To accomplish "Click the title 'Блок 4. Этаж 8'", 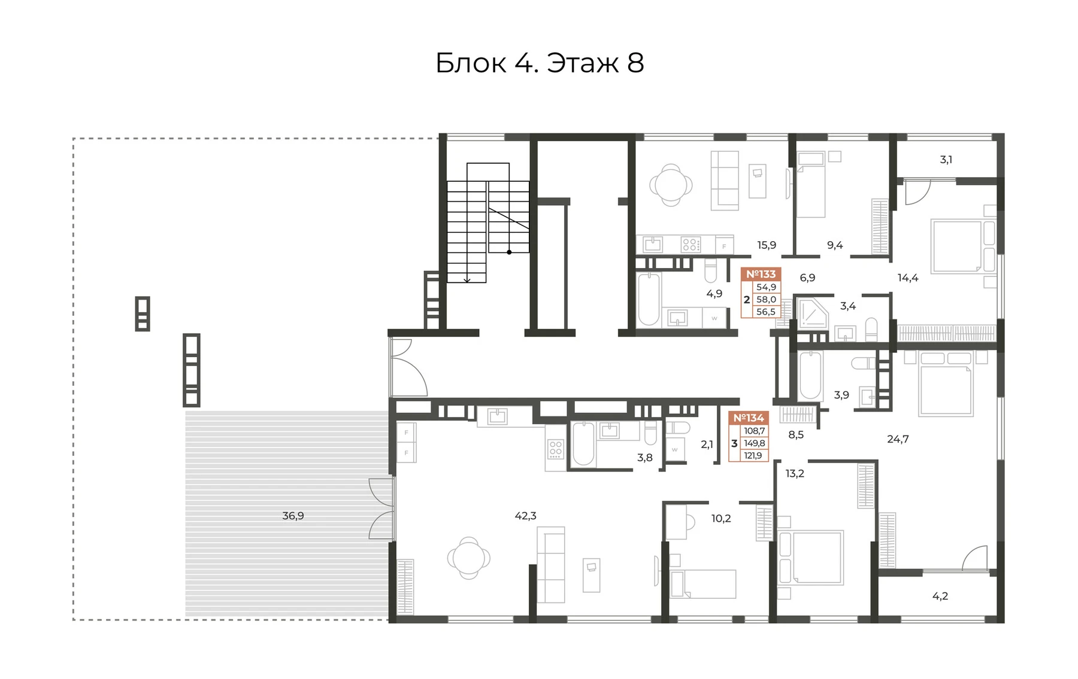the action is (x=540, y=63).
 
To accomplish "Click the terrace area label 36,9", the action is (x=293, y=516).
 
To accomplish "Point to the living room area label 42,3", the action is (x=525, y=516).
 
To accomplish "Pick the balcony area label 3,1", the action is (x=946, y=160).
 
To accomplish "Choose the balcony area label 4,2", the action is (x=940, y=596).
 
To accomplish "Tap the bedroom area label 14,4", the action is (x=908, y=277).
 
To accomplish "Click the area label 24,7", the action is (x=898, y=439).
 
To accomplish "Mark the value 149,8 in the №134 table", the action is (x=755, y=443).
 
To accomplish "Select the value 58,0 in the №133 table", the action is (x=766, y=299).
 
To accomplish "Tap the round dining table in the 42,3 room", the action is (x=468, y=558).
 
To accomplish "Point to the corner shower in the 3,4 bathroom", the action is (x=810, y=313).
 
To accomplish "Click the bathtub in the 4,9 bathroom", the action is (x=649, y=299).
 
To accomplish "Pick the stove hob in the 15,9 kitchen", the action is (x=691, y=244).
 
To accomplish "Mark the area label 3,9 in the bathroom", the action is (x=841, y=395).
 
